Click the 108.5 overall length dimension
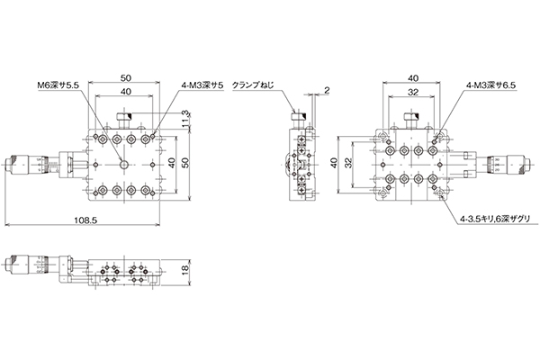pos(85,220)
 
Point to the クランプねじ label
pos(253,85)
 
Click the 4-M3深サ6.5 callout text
pos(491,85)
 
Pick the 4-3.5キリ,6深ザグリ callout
pos(495,219)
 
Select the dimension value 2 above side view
pos(327,90)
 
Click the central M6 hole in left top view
pos(123,165)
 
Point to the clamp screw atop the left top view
pos(124,120)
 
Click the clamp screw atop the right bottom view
pos(411,121)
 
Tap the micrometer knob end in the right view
pos(525,165)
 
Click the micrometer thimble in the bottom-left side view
pos(19,263)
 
